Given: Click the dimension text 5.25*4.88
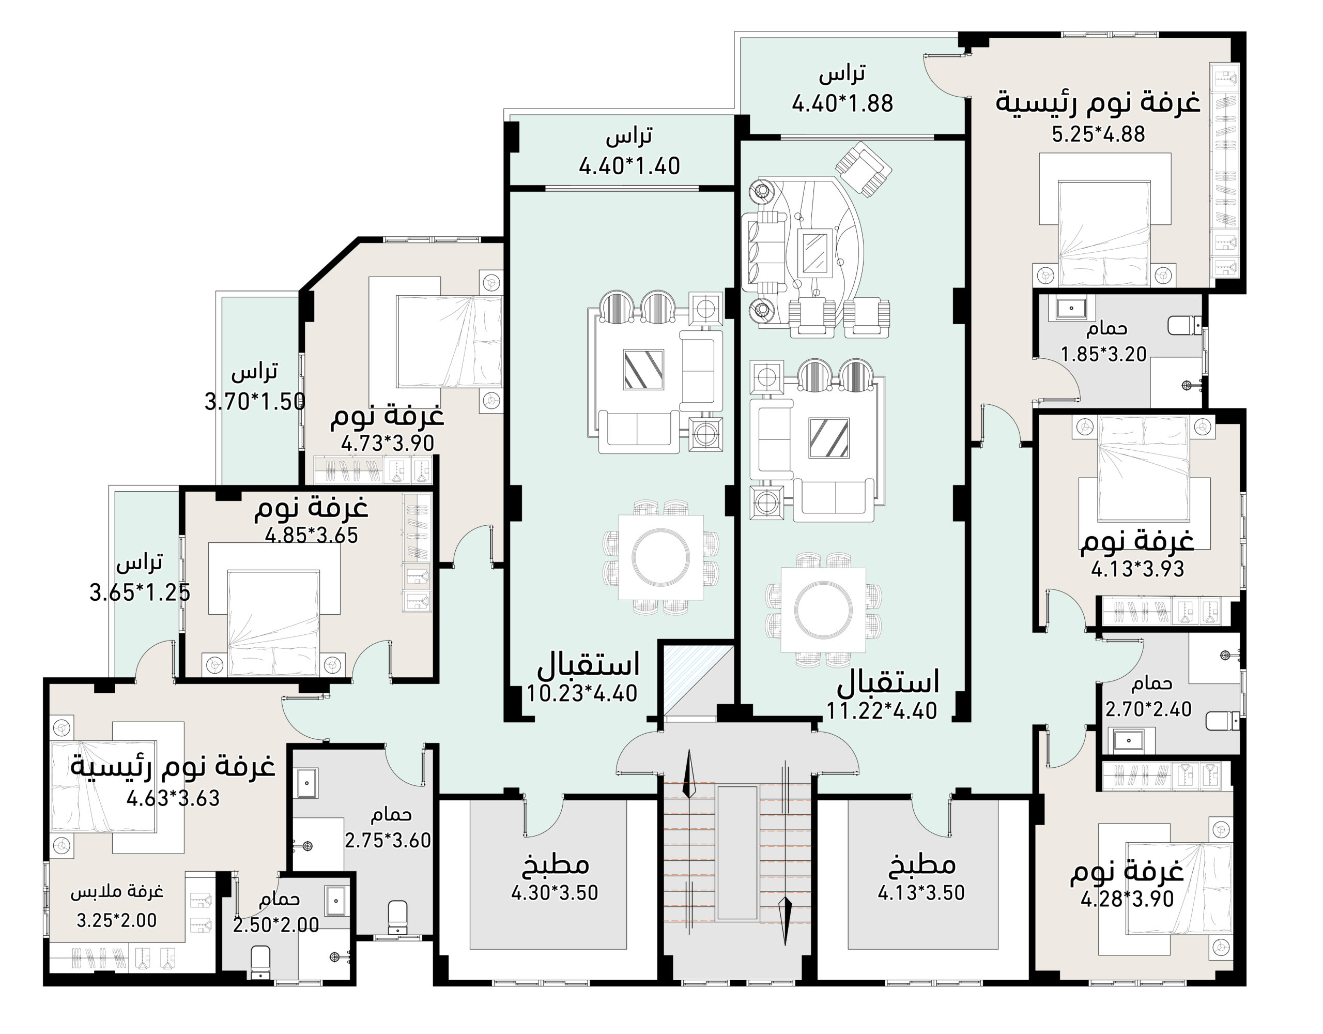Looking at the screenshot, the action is point(1098,134).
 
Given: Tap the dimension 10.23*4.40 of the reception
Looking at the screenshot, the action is point(581,693).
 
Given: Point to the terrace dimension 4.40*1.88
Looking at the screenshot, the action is point(842,103).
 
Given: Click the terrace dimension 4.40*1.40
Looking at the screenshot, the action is point(629,166).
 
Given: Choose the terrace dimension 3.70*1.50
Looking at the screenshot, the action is point(255,401).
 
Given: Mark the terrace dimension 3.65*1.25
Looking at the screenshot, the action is point(140,592).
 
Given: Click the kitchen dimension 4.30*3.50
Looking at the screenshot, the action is point(555,893).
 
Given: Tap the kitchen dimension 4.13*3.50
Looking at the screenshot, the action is point(921,893).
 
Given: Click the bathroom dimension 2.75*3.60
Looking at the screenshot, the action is point(388,841).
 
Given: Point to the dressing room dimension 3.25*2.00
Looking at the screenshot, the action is point(116,920).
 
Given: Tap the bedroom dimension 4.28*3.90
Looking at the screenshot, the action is point(1127,900).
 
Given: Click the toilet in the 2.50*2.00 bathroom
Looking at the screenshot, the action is point(260,963).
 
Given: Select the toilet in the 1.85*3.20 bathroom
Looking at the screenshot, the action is point(1185,326).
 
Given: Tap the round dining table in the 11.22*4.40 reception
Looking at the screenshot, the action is point(823,609).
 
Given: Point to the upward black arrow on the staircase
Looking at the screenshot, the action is point(689,773).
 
